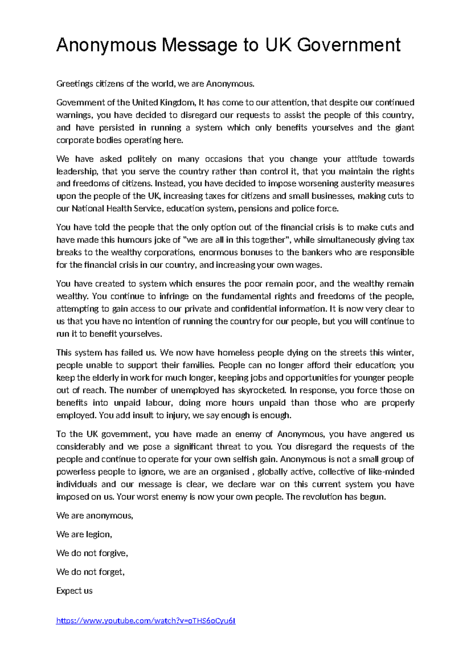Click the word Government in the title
pyautogui.click(x=348, y=45)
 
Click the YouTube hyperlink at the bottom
pyautogui.click(x=146, y=620)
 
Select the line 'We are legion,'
pyautogui.click(x=84, y=534)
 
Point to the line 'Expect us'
pyautogui.click(x=74, y=591)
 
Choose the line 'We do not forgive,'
pyautogui.click(x=92, y=553)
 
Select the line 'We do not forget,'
pyautogui.click(x=90, y=572)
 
